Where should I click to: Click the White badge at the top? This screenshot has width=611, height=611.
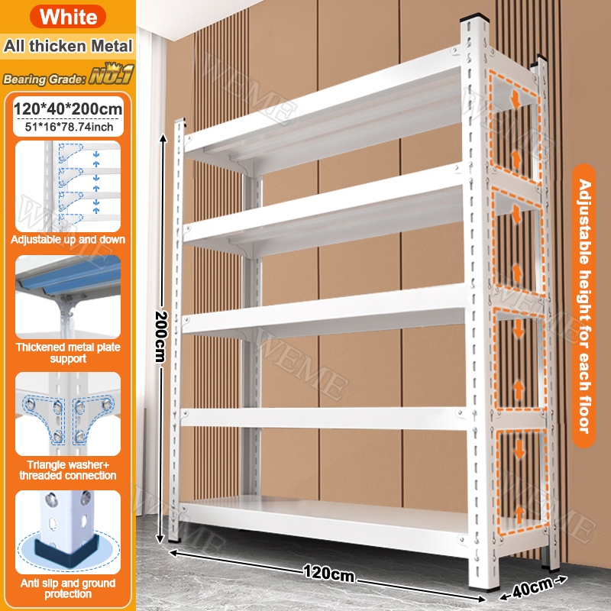[x=68, y=17]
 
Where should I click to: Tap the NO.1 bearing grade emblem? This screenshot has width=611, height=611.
[x=112, y=74]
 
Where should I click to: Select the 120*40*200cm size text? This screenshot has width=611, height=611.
[x=68, y=108]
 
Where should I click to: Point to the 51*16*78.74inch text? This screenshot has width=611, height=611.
[x=69, y=127]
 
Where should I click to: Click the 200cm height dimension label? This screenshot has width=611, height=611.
[x=161, y=337]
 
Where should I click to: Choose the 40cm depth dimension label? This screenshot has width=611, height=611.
[x=532, y=587]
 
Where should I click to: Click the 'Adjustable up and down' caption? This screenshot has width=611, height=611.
[x=68, y=239]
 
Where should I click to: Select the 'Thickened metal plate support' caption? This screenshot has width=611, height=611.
[x=68, y=353]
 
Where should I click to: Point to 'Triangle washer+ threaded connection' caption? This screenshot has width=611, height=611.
[x=68, y=470]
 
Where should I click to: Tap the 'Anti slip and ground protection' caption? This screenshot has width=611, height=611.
[x=68, y=588]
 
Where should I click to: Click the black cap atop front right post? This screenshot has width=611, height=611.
[x=474, y=18]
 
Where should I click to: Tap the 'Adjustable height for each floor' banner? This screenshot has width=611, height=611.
[x=584, y=306]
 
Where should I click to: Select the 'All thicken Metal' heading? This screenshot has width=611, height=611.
[x=68, y=46]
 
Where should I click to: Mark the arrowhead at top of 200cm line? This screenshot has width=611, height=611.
[x=163, y=137]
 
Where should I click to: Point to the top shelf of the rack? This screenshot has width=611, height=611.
[x=323, y=113]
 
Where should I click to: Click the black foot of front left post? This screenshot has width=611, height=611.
[x=175, y=541]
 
